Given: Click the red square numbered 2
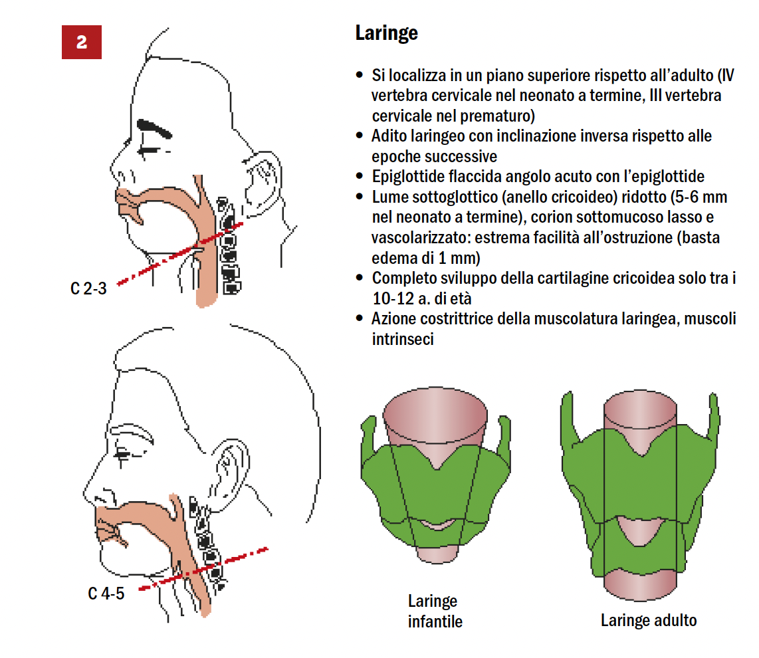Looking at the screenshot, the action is [x=81, y=42].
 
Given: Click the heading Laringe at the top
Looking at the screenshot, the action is [x=386, y=33].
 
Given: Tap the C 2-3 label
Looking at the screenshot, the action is [x=88, y=288].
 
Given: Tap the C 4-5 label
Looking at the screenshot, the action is [x=106, y=594].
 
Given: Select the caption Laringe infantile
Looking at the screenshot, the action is [x=435, y=611].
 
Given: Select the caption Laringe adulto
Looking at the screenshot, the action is [x=649, y=620].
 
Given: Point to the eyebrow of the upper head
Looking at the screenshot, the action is [x=154, y=128].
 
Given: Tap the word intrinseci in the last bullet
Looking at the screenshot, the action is [x=402, y=340].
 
